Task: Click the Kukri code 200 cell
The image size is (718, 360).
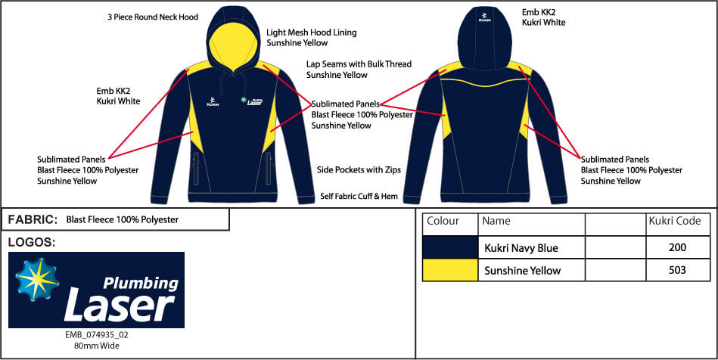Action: [x=678, y=247]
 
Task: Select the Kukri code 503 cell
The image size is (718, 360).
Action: [x=678, y=270]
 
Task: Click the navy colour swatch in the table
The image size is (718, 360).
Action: [x=450, y=247]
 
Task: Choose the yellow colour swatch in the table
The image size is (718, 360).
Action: [x=450, y=270]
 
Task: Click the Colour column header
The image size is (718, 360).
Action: [x=443, y=222]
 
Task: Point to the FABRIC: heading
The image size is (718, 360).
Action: [x=32, y=220]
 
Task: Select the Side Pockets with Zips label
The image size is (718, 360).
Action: [x=359, y=170]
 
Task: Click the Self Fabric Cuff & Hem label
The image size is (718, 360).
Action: [x=359, y=196]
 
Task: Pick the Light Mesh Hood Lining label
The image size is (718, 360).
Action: [x=312, y=33]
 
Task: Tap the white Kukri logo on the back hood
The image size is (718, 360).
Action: [x=484, y=17]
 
